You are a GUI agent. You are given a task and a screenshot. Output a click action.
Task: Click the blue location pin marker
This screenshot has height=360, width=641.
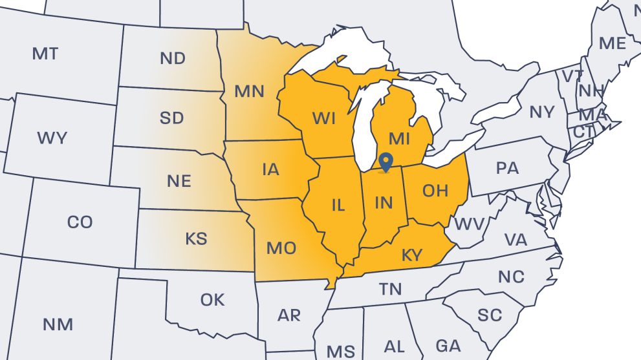click(386, 162)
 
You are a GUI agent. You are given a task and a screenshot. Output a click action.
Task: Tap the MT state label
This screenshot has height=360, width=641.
click(45, 54)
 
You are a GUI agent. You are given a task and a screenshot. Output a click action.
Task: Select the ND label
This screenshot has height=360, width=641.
click(172, 59)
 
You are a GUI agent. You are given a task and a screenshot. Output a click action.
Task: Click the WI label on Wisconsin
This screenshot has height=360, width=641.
click(323, 119)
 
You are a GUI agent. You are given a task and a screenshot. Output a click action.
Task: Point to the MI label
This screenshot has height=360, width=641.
click(400, 138)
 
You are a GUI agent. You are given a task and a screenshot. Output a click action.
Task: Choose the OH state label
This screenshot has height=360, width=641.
click(435, 190)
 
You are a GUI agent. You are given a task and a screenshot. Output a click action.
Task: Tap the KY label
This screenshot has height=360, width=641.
click(411, 255)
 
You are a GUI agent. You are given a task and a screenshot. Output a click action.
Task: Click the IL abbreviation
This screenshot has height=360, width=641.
click(338, 206)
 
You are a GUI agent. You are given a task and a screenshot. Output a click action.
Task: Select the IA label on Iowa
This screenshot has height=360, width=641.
click(270, 169)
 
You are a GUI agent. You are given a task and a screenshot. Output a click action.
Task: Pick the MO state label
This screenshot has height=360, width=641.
click(281, 248)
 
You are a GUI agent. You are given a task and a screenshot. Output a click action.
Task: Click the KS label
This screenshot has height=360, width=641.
click(196, 238)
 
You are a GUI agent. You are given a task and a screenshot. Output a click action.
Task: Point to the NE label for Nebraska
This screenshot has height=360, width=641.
click(179, 181)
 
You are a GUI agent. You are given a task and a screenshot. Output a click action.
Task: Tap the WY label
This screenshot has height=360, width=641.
click(52, 138)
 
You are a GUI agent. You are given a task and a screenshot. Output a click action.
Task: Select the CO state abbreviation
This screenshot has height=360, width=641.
click(80, 222)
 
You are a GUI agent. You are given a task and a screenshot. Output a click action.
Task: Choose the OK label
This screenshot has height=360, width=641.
click(212, 300)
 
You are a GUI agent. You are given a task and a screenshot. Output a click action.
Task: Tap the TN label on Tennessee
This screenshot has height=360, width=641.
click(391, 289)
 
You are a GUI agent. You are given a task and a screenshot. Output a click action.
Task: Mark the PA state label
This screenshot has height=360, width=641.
click(507, 168)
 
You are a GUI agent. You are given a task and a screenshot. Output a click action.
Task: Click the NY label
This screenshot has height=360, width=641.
click(542, 112)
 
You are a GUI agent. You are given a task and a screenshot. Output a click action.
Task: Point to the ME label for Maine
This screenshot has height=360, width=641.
click(613, 43)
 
